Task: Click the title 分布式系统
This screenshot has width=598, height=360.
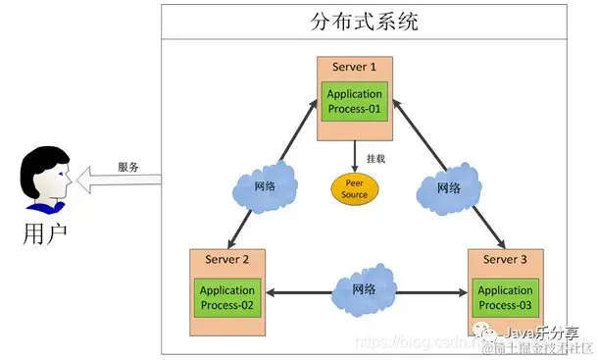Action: pyautogui.click(x=363, y=22)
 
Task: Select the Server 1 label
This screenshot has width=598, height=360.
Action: pyautogui.click(x=354, y=66)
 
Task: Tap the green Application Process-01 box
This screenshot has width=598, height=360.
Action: pyautogui.click(x=354, y=101)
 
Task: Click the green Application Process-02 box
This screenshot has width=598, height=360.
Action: pyautogui.click(x=227, y=297)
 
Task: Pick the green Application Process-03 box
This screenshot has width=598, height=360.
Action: pyautogui.click(x=505, y=297)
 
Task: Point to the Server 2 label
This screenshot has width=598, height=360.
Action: pyautogui.click(x=227, y=259)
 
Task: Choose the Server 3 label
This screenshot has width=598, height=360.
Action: pyautogui.click(x=505, y=259)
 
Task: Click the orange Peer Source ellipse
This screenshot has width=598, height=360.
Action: pyautogui.click(x=354, y=189)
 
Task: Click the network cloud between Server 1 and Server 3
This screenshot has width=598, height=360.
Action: pyautogui.click(x=447, y=188)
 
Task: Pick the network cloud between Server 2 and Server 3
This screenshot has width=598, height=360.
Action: pyautogui.click(x=364, y=290)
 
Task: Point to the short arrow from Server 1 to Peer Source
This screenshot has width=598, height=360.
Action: pyautogui.click(x=354, y=156)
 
